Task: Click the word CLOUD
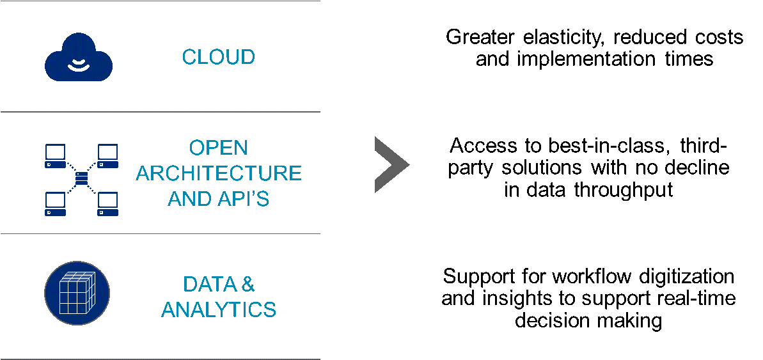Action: coord(219,57)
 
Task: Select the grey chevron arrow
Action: coord(389,164)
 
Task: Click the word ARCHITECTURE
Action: coord(219,173)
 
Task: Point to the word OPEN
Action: coord(219,148)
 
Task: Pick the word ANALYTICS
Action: coord(219,310)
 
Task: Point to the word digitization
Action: coord(672,277)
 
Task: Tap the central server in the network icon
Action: coord(81,176)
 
